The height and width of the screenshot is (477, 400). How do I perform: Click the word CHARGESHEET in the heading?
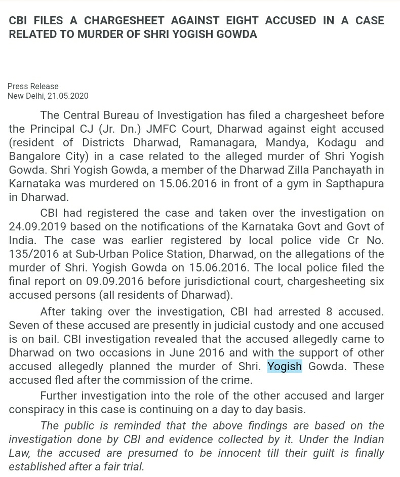click(x=124, y=21)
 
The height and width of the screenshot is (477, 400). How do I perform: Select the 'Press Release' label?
click(x=33, y=86)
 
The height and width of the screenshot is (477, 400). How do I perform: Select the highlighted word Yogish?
click(x=285, y=366)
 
